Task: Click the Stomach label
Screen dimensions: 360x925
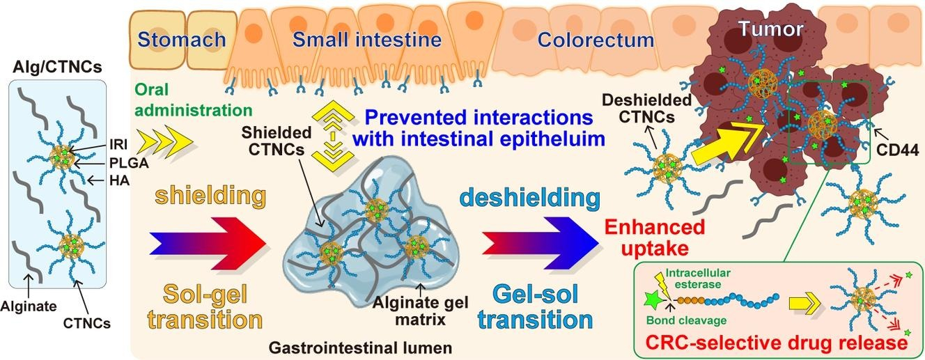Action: pyautogui.click(x=182, y=39)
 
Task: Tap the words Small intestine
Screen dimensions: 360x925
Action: pyautogui.click(x=367, y=39)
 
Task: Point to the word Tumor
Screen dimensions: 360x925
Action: pyautogui.click(x=771, y=29)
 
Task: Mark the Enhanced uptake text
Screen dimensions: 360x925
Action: pyautogui.click(x=655, y=238)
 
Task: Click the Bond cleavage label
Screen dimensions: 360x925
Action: pyautogui.click(x=691, y=322)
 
